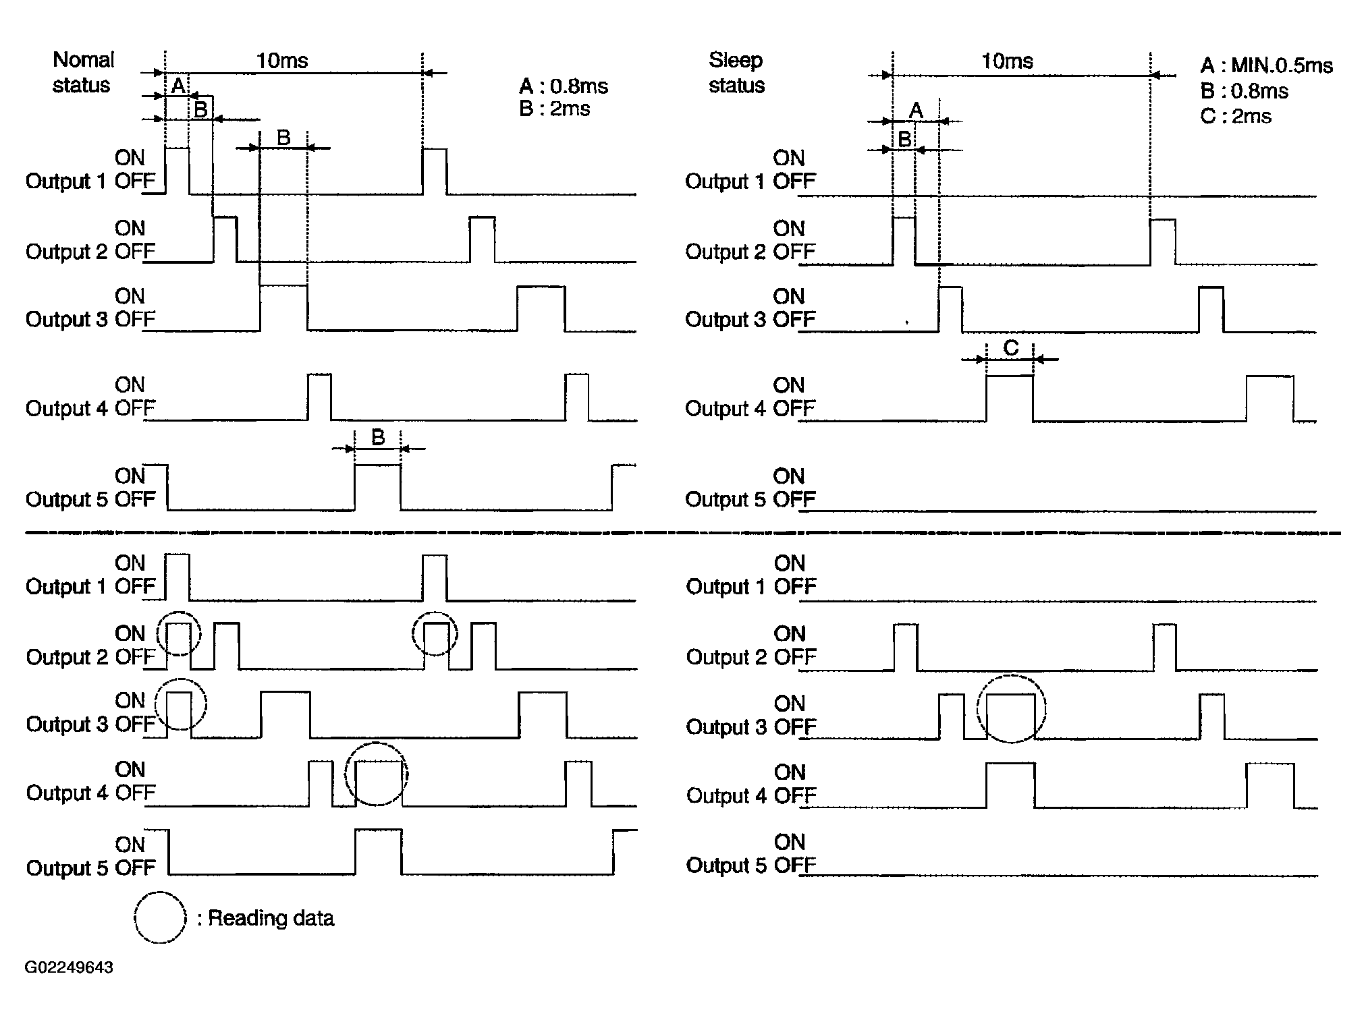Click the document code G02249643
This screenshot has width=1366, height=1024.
(69, 967)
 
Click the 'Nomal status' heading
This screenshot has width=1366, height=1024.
(82, 72)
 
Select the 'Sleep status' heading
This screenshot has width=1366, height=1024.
(736, 72)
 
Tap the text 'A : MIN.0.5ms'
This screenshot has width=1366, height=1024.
(1266, 65)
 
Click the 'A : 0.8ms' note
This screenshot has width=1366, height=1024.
(563, 86)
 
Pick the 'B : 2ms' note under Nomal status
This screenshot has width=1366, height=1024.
(554, 109)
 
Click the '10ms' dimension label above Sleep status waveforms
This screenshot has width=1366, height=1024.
(1007, 61)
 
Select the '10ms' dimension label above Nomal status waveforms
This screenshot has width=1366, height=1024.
(282, 61)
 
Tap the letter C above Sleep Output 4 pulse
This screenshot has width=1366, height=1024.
(1010, 348)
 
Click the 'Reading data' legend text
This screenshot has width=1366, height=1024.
(271, 918)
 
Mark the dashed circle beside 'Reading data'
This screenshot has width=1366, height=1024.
(160, 917)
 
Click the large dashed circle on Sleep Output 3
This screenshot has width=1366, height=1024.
(1011, 708)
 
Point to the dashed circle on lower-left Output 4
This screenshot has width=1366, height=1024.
(377, 774)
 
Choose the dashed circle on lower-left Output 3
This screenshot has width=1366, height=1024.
(180, 704)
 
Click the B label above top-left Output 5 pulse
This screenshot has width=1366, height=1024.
(378, 438)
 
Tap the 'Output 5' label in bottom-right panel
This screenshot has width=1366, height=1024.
(726, 865)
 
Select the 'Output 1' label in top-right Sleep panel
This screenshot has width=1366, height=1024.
(726, 181)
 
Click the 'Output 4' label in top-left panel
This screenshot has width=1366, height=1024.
(66, 409)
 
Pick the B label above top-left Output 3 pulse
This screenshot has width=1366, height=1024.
(283, 138)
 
